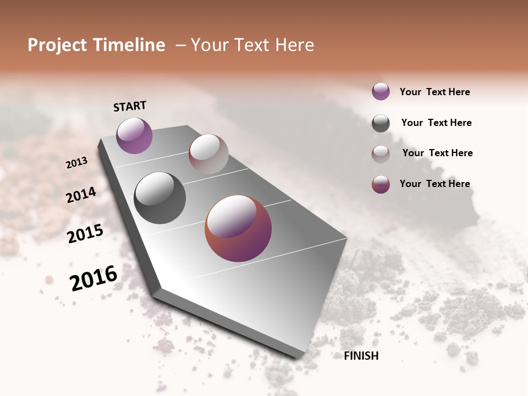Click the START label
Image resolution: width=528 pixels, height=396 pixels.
(x=130, y=106)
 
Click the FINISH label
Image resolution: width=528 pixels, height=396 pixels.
(x=361, y=356)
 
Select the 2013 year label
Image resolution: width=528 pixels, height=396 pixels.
(x=77, y=163)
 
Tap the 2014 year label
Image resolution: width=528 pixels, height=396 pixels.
(x=81, y=195)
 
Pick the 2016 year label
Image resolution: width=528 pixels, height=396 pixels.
(x=94, y=278)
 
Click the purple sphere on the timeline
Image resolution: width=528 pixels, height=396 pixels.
(x=134, y=135)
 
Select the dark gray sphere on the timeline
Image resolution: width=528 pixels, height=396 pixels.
(x=159, y=197)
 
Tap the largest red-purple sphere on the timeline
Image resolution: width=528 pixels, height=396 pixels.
(x=238, y=228)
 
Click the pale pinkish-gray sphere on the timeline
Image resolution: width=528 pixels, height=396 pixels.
(x=208, y=154)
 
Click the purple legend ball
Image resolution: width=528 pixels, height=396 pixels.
(x=381, y=91)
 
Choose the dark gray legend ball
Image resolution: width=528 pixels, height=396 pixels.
(x=381, y=123)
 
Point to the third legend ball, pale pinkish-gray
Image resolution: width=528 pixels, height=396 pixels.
(x=381, y=154)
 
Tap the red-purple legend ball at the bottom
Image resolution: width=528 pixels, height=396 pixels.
(x=381, y=184)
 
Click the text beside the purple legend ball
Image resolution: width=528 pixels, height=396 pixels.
(x=435, y=92)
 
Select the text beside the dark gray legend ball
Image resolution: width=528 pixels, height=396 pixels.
(x=436, y=123)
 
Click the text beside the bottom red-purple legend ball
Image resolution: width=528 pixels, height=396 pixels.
(x=435, y=184)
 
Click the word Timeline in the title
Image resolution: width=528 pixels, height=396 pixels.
(x=129, y=45)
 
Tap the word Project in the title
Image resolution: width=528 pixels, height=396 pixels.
(x=58, y=45)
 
